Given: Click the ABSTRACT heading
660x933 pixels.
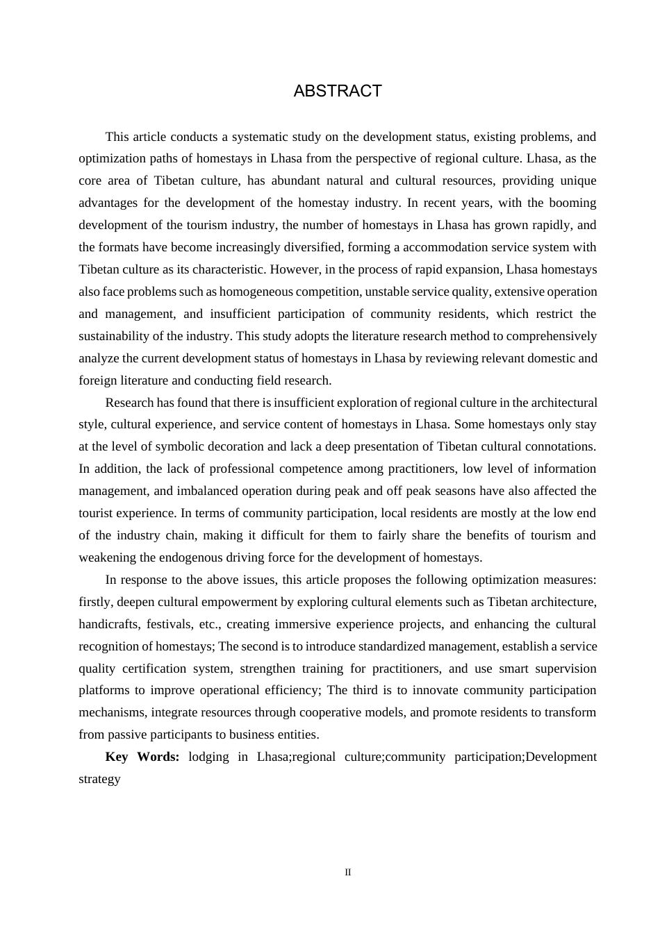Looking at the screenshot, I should click(338, 91).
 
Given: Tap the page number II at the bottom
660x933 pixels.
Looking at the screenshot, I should click(348, 872).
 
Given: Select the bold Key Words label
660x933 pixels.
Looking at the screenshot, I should click(142, 757).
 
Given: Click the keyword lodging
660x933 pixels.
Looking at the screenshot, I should click(208, 757).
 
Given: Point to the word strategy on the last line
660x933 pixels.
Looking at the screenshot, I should click(99, 779).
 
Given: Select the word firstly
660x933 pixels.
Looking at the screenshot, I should click(96, 602).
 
